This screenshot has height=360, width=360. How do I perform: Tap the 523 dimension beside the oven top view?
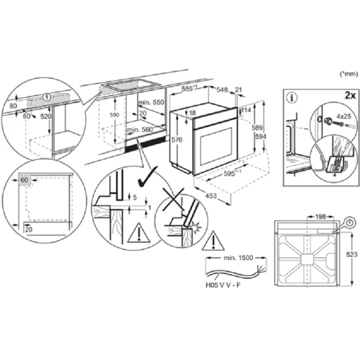pyautogui.click(x=350, y=256)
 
